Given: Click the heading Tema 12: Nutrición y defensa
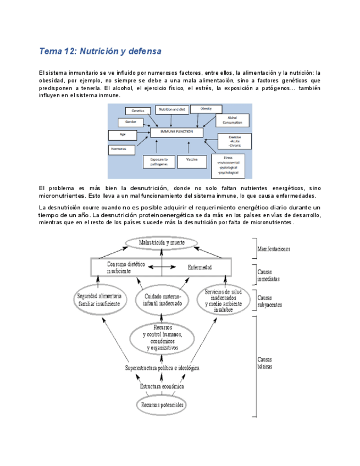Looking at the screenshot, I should point(100,52).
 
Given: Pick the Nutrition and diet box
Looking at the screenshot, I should point(172,109).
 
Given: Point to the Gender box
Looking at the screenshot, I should point(131,121).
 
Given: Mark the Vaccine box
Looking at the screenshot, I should point(192,160).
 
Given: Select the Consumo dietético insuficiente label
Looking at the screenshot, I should point(126,268).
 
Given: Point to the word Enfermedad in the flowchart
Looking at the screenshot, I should point(200,268).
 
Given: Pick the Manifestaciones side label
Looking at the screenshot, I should point(276,249).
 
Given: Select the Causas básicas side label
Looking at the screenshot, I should point(267,363).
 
